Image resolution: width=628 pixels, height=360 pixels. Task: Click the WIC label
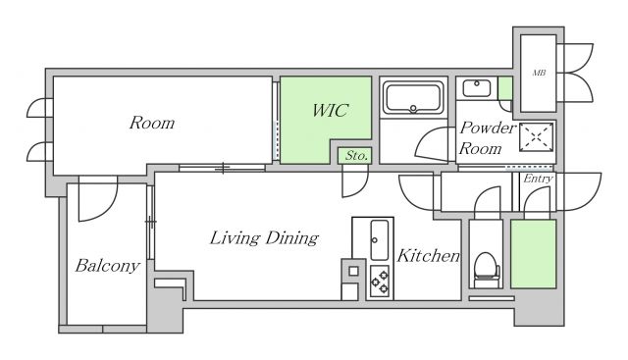pyautogui.click(x=330, y=111)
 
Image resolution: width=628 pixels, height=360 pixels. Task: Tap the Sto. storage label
pyautogui.click(x=356, y=155)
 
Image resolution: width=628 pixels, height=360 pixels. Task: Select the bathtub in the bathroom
pyautogui.click(x=413, y=98)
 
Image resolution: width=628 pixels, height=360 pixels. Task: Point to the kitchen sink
pyautogui.click(x=379, y=240)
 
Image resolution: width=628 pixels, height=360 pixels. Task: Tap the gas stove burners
pyautogui.click(x=380, y=282)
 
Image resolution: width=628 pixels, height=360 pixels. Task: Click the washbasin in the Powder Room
pyautogui.click(x=477, y=88)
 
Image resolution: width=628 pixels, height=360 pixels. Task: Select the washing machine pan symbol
pyautogui.click(x=537, y=137)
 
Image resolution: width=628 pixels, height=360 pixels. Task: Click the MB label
pyautogui.click(x=539, y=73)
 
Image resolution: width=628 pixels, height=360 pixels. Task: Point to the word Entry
pyautogui.click(x=538, y=179)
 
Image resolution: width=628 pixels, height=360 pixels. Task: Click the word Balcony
pyautogui.click(x=107, y=266)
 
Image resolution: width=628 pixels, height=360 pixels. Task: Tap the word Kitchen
pyautogui.click(x=428, y=256)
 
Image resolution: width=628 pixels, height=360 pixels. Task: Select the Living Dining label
pyautogui.click(x=264, y=238)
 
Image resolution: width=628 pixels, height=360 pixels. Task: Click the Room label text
pyautogui.click(x=152, y=123)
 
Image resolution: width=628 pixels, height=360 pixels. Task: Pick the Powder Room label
pyautogui.click(x=487, y=138)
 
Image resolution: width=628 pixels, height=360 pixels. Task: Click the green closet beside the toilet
pyautogui.click(x=534, y=254)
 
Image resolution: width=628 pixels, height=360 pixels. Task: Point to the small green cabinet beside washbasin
pyautogui.click(x=505, y=88)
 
